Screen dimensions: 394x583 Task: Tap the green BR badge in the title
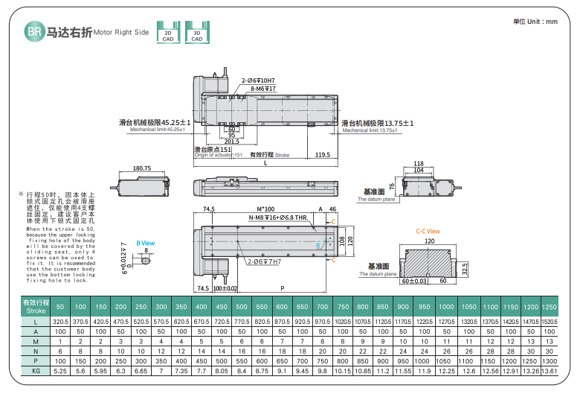[34, 31]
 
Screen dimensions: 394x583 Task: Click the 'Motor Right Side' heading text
[122, 33]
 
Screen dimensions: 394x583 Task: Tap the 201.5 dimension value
[231, 141]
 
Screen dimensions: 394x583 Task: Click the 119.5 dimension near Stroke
[322, 155]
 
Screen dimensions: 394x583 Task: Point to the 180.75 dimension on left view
[142, 168]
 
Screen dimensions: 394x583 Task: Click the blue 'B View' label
[145, 243]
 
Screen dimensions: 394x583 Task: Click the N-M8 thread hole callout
[277, 217]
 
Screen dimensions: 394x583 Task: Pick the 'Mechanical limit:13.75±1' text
[370, 130]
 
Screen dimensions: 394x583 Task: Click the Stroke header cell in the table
[36, 307]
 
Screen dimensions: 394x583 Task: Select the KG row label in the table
[36, 370]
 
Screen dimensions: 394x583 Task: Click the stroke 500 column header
[241, 307]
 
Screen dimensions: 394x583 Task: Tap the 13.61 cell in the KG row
[549, 370]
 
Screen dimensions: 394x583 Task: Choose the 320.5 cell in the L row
[61, 320]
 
